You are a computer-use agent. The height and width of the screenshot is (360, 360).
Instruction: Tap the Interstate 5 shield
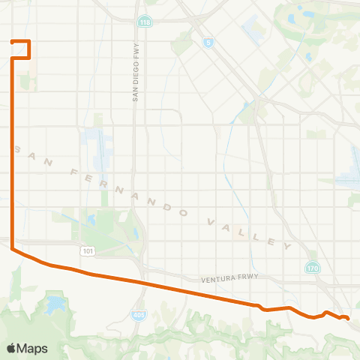(207, 43)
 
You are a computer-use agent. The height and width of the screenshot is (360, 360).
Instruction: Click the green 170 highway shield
(312, 267)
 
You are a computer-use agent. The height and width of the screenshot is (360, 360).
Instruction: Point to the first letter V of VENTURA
(202, 280)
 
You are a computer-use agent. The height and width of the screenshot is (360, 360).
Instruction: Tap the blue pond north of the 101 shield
(91, 220)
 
